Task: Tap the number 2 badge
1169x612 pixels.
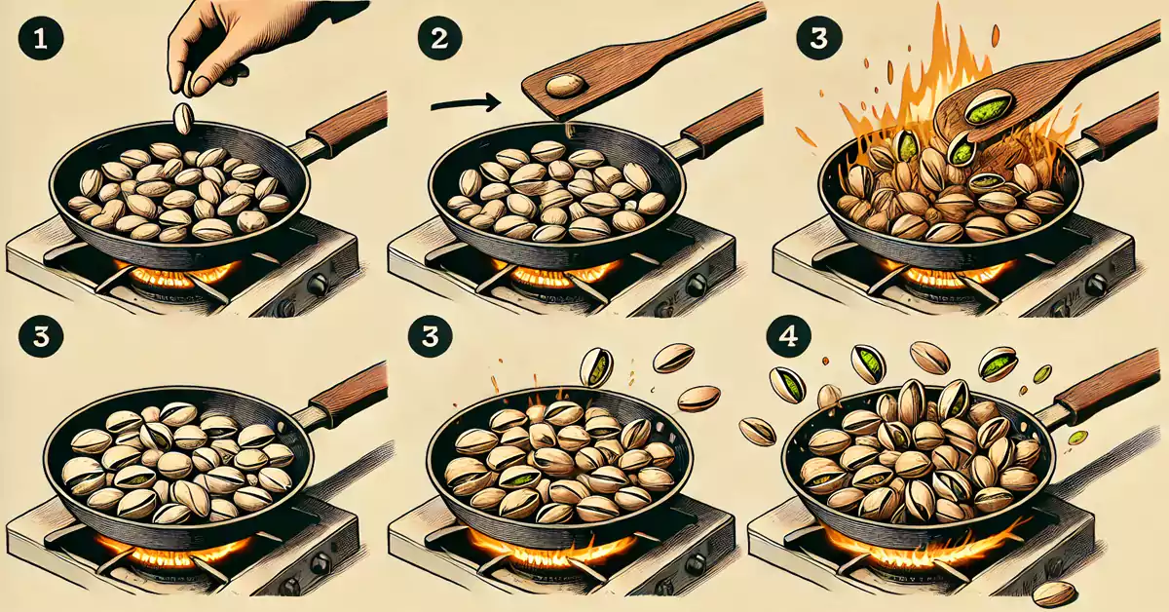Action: click(432, 39)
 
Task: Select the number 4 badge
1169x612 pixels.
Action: click(786, 337)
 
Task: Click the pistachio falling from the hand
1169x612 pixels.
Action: click(182, 118)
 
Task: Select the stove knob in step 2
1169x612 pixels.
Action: click(696, 285)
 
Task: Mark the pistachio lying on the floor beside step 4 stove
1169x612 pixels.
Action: click(1054, 592)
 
